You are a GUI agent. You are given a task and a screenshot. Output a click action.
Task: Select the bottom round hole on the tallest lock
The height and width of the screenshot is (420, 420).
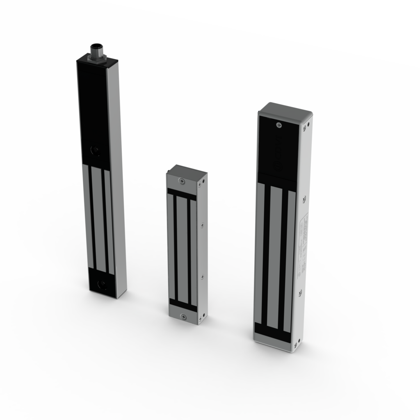pyautogui.click(x=101, y=284)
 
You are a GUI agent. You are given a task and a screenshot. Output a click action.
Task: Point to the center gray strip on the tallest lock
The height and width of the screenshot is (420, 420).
pyautogui.click(x=97, y=217)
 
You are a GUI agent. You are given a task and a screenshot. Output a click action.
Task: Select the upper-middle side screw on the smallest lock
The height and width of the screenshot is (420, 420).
pyautogui.click(x=202, y=225)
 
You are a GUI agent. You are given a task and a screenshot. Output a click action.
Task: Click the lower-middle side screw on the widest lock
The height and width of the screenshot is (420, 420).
pyautogui.click(x=301, y=292)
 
